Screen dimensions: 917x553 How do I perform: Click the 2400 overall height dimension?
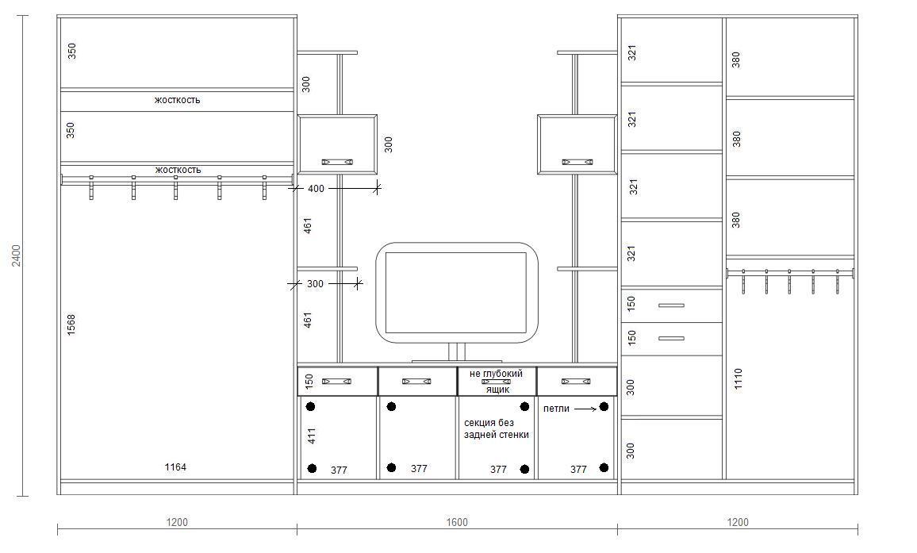pos(17,255)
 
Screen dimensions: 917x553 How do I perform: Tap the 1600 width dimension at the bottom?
pos(457,522)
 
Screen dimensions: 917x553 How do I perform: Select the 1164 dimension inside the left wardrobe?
pos(175,467)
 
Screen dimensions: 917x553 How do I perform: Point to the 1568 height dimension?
pos(71,325)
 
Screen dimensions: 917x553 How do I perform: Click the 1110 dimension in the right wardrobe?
pos(738,378)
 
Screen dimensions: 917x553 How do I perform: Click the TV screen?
pos(456,293)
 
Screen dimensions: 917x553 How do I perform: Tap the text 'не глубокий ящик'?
pos(497,381)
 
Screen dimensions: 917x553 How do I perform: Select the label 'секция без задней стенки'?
pos(497,428)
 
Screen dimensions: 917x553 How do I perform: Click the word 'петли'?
pos(556,409)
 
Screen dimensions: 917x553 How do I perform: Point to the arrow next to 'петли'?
pos(585,409)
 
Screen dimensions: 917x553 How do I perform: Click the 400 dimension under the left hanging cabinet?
pos(316,188)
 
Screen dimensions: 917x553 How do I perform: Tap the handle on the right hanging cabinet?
pos(577,162)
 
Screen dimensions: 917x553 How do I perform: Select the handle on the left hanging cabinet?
pos(337,162)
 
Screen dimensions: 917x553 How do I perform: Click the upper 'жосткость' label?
pos(177,100)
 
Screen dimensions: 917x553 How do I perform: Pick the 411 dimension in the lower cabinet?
pos(312,436)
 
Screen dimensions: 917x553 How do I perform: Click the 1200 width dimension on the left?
pos(177,522)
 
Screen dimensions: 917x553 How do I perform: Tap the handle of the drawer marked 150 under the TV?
pos(337,382)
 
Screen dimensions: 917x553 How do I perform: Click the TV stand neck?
pos(457,351)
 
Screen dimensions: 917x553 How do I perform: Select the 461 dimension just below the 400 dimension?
pos(308,225)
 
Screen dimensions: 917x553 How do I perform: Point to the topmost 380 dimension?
pos(736,60)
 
